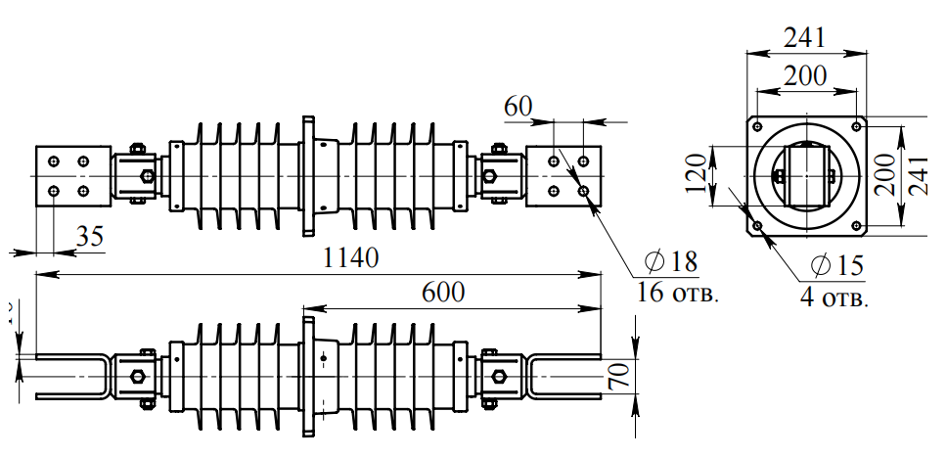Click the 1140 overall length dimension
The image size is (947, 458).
coord(351,259)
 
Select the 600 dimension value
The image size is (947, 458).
coord(443,292)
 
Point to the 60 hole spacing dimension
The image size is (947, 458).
coord(519,106)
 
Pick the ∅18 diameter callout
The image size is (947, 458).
coord(671,261)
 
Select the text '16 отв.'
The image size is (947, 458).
coord(677,292)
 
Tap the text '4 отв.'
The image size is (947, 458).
coord(834,298)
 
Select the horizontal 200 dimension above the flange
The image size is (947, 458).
coord(806,75)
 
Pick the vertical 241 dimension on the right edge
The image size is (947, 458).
coord(921,174)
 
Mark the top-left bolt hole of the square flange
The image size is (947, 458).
coord(757,125)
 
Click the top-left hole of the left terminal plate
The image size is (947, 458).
coord(54,160)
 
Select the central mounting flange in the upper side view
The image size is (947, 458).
coord(308,176)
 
